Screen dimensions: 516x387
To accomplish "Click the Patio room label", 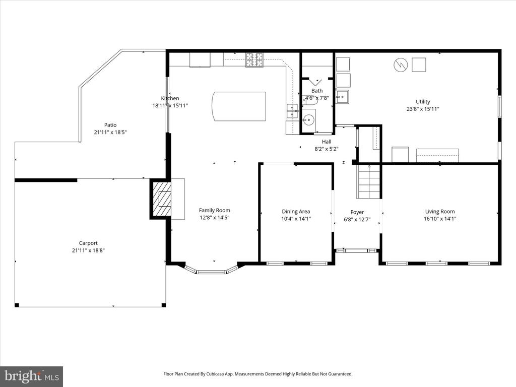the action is (x=110, y=125).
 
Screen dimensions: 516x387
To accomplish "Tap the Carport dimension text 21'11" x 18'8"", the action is (x=88, y=250).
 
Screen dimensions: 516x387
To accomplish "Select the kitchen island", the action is (x=239, y=106).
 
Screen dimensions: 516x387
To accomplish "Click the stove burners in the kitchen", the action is (x=254, y=60).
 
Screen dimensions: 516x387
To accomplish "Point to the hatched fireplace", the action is (x=161, y=199).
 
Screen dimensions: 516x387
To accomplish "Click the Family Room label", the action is (x=215, y=210).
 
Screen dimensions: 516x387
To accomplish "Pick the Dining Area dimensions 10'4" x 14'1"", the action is (x=296, y=219).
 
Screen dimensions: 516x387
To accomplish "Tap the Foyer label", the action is (x=357, y=212).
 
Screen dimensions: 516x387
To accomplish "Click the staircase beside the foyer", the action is (x=369, y=181).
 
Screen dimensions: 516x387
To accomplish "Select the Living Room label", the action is (x=440, y=212).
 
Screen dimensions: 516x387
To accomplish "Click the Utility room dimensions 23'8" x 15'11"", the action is (x=423, y=109).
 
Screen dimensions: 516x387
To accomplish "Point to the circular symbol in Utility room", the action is (x=401, y=65).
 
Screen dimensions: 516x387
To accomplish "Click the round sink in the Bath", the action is (x=309, y=120).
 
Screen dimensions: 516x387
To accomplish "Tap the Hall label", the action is (x=327, y=142).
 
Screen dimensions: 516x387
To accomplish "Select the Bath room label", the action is (x=317, y=91).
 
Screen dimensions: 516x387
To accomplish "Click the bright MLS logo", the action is (x=32, y=376).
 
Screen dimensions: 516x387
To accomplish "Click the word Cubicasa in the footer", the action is (x=216, y=374).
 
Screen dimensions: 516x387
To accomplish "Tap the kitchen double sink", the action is (x=292, y=111).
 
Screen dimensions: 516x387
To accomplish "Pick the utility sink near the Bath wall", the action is (x=343, y=96).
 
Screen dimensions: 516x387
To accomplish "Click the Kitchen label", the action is (x=170, y=98).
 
